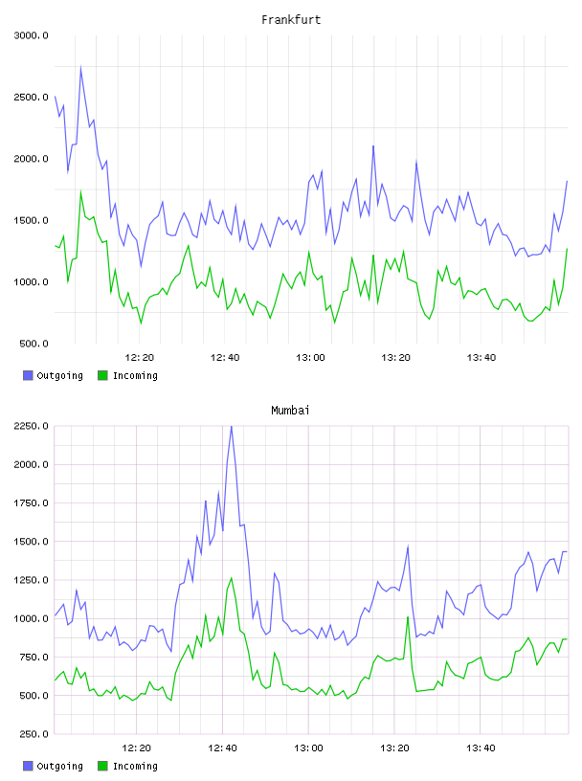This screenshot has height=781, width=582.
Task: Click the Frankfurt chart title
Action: point(291,20)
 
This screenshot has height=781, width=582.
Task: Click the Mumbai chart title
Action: point(290,411)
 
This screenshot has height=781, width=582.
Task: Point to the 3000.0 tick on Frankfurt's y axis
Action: point(32,35)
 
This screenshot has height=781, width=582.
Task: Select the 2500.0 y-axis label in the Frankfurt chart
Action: point(32,97)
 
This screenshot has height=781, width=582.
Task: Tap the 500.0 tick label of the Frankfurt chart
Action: point(34,344)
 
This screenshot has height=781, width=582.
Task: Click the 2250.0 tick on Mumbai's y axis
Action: point(32,426)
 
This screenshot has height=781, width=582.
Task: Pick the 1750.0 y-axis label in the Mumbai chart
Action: point(32,503)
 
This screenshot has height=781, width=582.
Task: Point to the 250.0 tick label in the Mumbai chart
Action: point(34,734)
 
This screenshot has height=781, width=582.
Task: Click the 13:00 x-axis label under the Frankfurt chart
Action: point(310,358)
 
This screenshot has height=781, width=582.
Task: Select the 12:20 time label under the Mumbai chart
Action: point(137,748)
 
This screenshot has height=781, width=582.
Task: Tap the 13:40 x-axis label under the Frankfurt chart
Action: point(481,358)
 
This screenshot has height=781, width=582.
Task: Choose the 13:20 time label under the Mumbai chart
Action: point(394,748)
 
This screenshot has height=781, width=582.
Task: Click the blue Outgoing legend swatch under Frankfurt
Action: point(28,375)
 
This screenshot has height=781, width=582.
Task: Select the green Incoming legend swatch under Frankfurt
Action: point(102,375)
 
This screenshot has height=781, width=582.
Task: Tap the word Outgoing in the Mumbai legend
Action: point(59,766)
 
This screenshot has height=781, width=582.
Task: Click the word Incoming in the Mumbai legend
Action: point(135,766)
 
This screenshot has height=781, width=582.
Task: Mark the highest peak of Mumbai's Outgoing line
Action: point(232,426)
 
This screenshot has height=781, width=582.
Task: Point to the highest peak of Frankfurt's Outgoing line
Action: point(80,67)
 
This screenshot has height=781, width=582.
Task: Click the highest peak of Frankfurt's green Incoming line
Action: point(80,191)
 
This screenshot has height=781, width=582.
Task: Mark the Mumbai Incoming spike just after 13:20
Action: point(408,617)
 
